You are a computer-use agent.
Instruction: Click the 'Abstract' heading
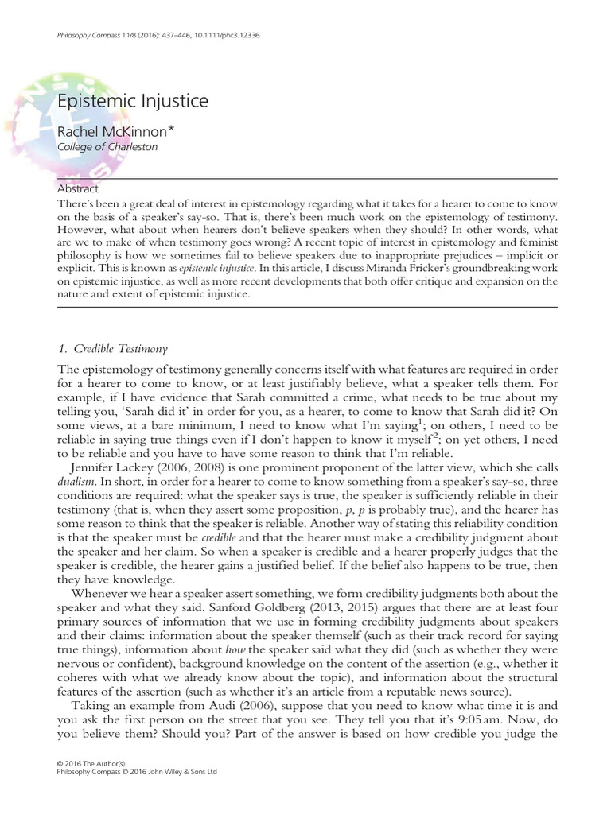[x=78, y=189]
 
